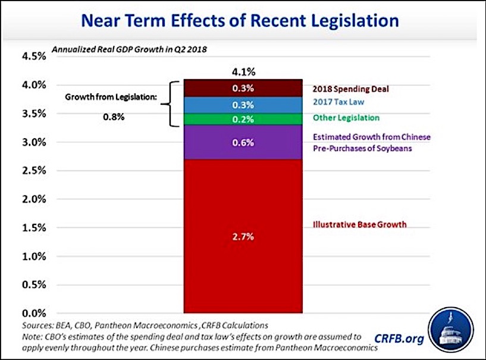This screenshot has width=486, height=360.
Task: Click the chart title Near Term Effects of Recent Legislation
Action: (240, 21)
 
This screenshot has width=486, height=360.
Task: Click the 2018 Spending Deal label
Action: (351, 89)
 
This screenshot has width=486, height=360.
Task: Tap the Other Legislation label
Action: (346, 118)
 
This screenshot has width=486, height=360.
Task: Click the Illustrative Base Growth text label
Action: (359, 225)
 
